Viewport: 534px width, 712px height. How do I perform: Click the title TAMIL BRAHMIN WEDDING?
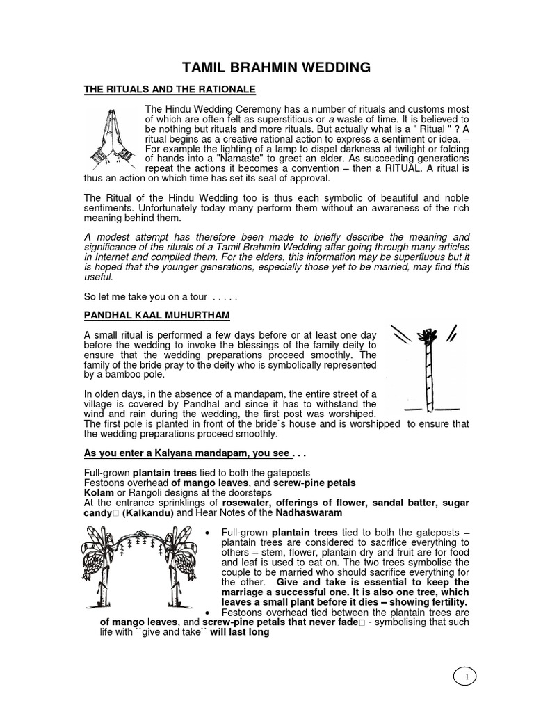tap(276, 67)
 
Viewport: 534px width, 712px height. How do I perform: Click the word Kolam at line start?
tap(97, 493)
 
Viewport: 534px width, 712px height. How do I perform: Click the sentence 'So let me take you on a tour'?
tap(161, 296)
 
